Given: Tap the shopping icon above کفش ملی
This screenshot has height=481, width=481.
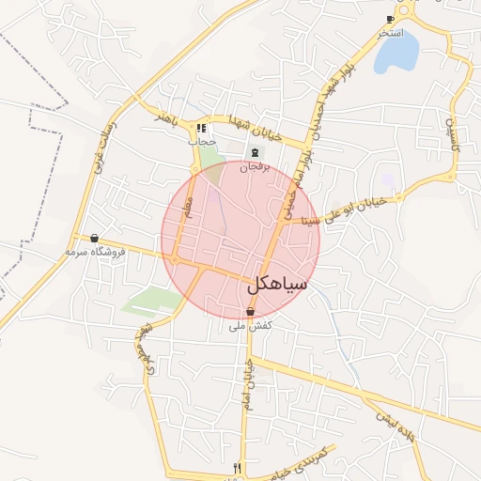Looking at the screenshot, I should [x=250, y=312].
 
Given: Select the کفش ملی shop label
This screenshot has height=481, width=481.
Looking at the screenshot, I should [x=251, y=326].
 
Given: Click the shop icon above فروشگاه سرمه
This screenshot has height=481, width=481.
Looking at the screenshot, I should [x=94, y=239].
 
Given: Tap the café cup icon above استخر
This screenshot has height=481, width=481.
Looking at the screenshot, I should [x=391, y=19].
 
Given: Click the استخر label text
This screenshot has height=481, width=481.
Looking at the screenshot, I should [x=391, y=33].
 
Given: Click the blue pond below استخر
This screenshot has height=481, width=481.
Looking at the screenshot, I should [x=396, y=54].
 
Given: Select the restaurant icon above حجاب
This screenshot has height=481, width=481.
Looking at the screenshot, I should [x=201, y=128].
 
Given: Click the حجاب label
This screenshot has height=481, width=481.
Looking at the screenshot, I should [x=202, y=141].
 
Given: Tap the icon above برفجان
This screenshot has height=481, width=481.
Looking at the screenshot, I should [x=254, y=152].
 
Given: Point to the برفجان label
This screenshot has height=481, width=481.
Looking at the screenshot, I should [x=253, y=166].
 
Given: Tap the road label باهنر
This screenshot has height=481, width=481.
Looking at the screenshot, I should [x=166, y=119].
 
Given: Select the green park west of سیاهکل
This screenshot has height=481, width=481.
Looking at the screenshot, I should [x=150, y=301].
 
